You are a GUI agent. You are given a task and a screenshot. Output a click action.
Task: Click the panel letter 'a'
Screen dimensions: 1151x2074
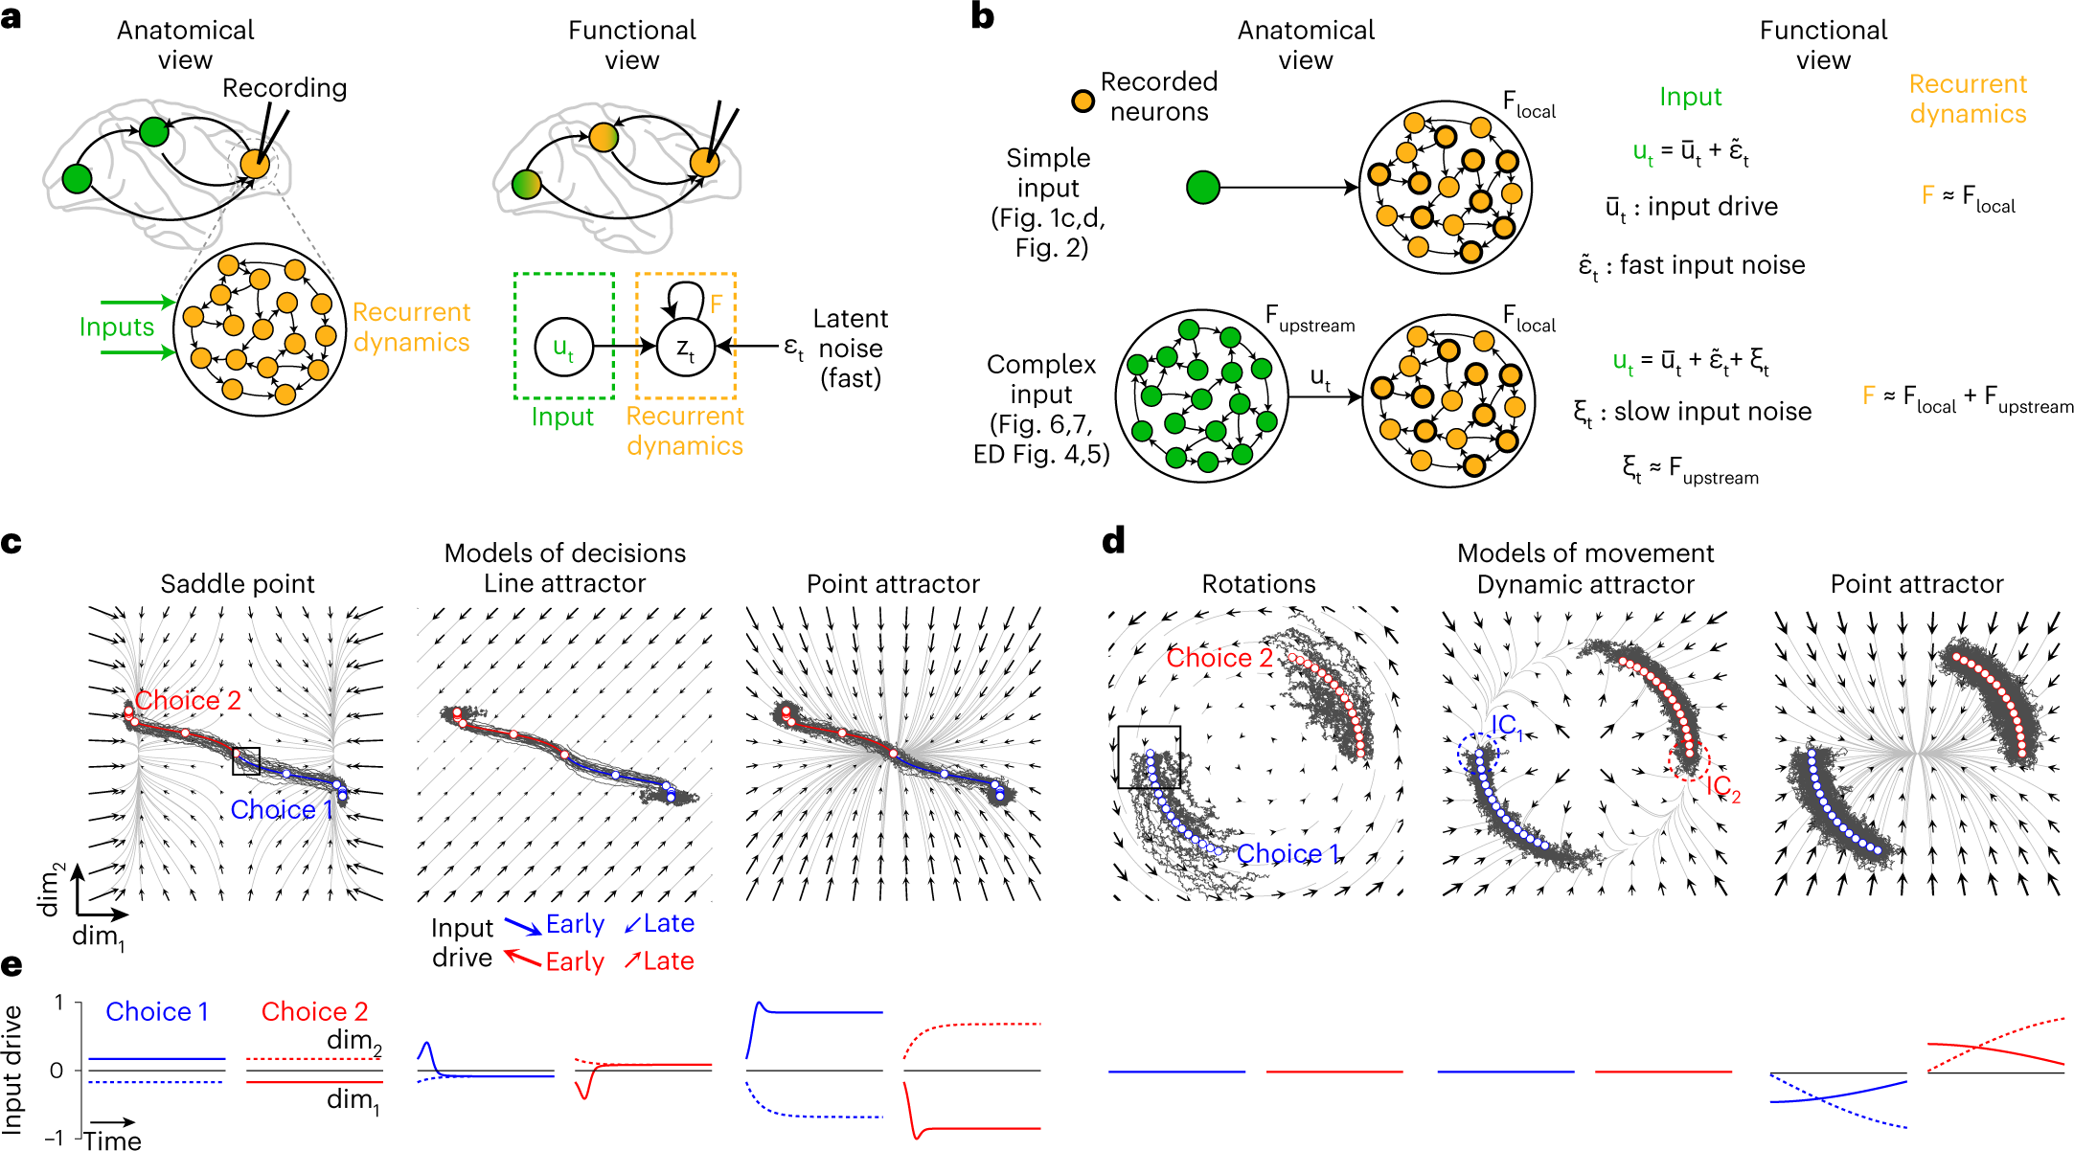(11, 18)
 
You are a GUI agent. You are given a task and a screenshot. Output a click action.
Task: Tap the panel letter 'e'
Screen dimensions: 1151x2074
(11, 964)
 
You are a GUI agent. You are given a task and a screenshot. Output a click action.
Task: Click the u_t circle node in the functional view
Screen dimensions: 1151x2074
(563, 346)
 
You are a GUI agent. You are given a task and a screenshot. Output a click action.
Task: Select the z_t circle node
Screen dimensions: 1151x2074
(686, 347)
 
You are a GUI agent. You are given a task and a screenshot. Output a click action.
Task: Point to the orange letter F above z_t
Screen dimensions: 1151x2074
(716, 305)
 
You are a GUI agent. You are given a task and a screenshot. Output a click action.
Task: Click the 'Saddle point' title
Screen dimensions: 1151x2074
(238, 584)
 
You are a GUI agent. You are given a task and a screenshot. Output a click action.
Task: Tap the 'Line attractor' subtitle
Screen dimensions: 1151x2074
(564, 584)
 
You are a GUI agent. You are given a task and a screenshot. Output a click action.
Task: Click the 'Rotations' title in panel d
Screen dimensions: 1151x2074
(1259, 584)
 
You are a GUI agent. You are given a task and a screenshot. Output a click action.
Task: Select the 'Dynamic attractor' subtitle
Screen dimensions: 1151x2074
(1585, 584)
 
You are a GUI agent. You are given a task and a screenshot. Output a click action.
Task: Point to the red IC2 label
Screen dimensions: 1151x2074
(1722, 788)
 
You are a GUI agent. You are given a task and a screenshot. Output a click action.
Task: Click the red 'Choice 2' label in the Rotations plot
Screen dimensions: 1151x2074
(1219, 659)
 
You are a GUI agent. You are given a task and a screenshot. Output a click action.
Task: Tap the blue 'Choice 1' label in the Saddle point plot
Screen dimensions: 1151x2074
(282, 810)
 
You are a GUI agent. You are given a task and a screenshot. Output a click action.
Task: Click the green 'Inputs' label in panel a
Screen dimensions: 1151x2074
(117, 327)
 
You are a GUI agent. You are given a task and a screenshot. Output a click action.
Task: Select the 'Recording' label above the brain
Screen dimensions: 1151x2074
(285, 88)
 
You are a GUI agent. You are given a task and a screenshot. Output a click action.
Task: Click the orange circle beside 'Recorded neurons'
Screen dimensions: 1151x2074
(1083, 101)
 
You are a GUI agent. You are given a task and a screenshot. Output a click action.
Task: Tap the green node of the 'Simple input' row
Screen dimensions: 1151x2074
(1203, 188)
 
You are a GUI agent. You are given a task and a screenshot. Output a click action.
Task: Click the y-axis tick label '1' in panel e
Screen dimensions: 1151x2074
(59, 1003)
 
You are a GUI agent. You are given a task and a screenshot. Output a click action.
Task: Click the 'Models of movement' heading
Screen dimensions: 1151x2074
(1585, 553)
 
